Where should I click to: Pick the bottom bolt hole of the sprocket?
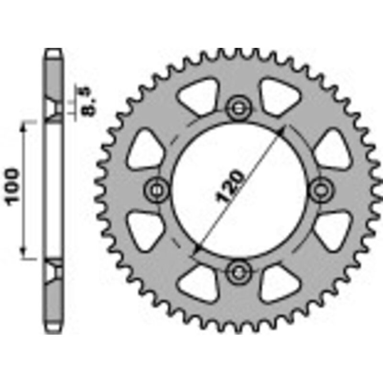238,272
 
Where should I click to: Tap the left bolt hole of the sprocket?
156,190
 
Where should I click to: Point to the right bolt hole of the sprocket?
320,190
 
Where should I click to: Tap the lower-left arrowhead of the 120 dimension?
196,249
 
